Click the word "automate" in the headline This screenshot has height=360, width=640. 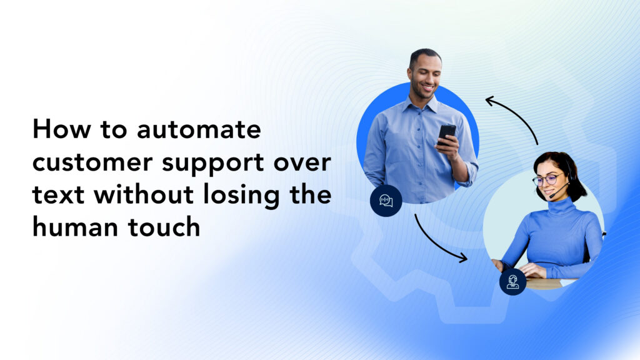(199, 129)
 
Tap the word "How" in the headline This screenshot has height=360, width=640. (62, 129)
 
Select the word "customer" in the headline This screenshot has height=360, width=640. (92, 162)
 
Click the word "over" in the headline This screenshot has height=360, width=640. (302, 163)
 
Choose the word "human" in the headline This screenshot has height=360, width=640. (76, 227)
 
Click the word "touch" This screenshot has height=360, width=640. (164, 227)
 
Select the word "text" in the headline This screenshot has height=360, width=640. (58, 195)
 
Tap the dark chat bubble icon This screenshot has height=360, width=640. (386, 201)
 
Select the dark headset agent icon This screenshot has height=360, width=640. (512, 282)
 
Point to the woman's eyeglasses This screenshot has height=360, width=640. (547, 179)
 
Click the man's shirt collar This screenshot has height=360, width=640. (421, 104)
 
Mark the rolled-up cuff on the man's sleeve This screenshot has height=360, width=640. (471, 174)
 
